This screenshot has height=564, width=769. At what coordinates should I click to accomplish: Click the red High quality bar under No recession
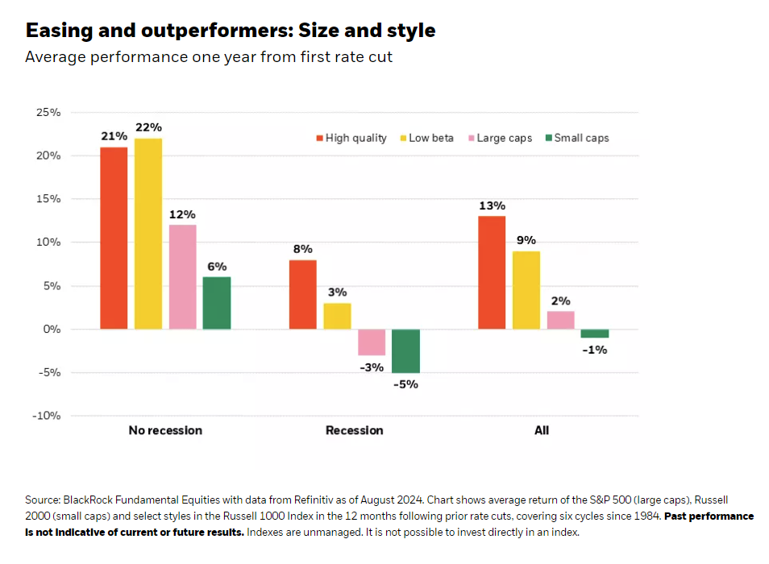click(x=114, y=238)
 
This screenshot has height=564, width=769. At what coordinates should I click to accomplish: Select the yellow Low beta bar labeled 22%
click(x=148, y=234)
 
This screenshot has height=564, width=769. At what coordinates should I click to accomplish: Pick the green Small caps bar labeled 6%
click(x=217, y=303)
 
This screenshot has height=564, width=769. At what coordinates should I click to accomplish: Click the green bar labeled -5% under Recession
click(x=405, y=350)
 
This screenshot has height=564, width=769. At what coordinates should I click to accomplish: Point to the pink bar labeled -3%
click(x=372, y=342)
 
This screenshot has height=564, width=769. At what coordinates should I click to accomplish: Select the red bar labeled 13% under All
click(x=492, y=272)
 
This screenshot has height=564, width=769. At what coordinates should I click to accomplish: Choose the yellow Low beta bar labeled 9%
click(x=526, y=290)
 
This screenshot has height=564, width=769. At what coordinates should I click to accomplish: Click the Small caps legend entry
click(x=577, y=138)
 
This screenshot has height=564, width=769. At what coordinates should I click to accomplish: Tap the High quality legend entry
click(x=351, y=138)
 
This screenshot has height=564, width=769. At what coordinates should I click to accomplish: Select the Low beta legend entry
click(x=427, y=138)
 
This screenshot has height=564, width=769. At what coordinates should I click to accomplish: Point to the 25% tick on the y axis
click(x=48, y=112)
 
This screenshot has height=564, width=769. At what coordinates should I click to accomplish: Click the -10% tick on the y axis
click(x=46, y=416)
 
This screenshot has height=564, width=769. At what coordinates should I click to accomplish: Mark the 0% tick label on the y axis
click(x=52, y=329)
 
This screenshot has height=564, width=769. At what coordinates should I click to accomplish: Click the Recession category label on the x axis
click(x=354, y=430)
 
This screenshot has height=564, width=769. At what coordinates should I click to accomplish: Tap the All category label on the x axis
click(x=542, y=430)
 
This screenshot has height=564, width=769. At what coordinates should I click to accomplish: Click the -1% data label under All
click(x=596, y=350)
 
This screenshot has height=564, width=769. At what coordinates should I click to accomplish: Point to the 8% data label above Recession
click(x=303, y=249)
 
